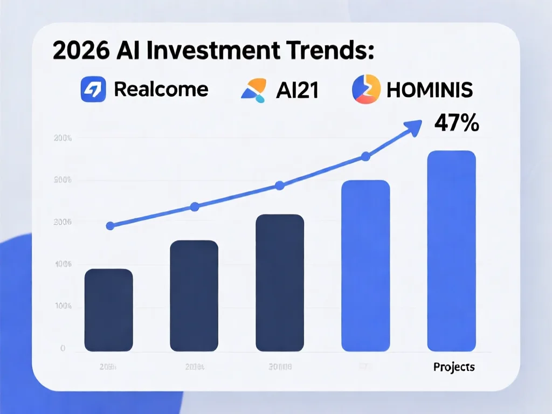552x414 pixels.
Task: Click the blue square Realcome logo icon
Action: click(x=94, y=89)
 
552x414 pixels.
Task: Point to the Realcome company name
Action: click(x=161, y=89)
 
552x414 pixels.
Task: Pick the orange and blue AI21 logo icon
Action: click(x=253, y=90)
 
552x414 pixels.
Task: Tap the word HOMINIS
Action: click(x=430, y=90)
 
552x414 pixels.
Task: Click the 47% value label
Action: click(x=456, y=124)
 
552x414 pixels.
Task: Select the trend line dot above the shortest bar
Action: click(x=110, y=226)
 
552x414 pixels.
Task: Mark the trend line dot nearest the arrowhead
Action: click(x=365, y=157)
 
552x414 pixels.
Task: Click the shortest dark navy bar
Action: click(x=109, y=310)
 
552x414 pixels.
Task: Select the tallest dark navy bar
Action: click(x=280, y=283)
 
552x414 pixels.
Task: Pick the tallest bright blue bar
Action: click(x=452, y=251)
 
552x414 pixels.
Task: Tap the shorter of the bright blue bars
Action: click(x=365, y=266)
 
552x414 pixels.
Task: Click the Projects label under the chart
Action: click(x=454, y=367)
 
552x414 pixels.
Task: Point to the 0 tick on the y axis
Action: click(x=63, y=349)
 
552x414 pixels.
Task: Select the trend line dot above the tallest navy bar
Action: click(x=280, y=186)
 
